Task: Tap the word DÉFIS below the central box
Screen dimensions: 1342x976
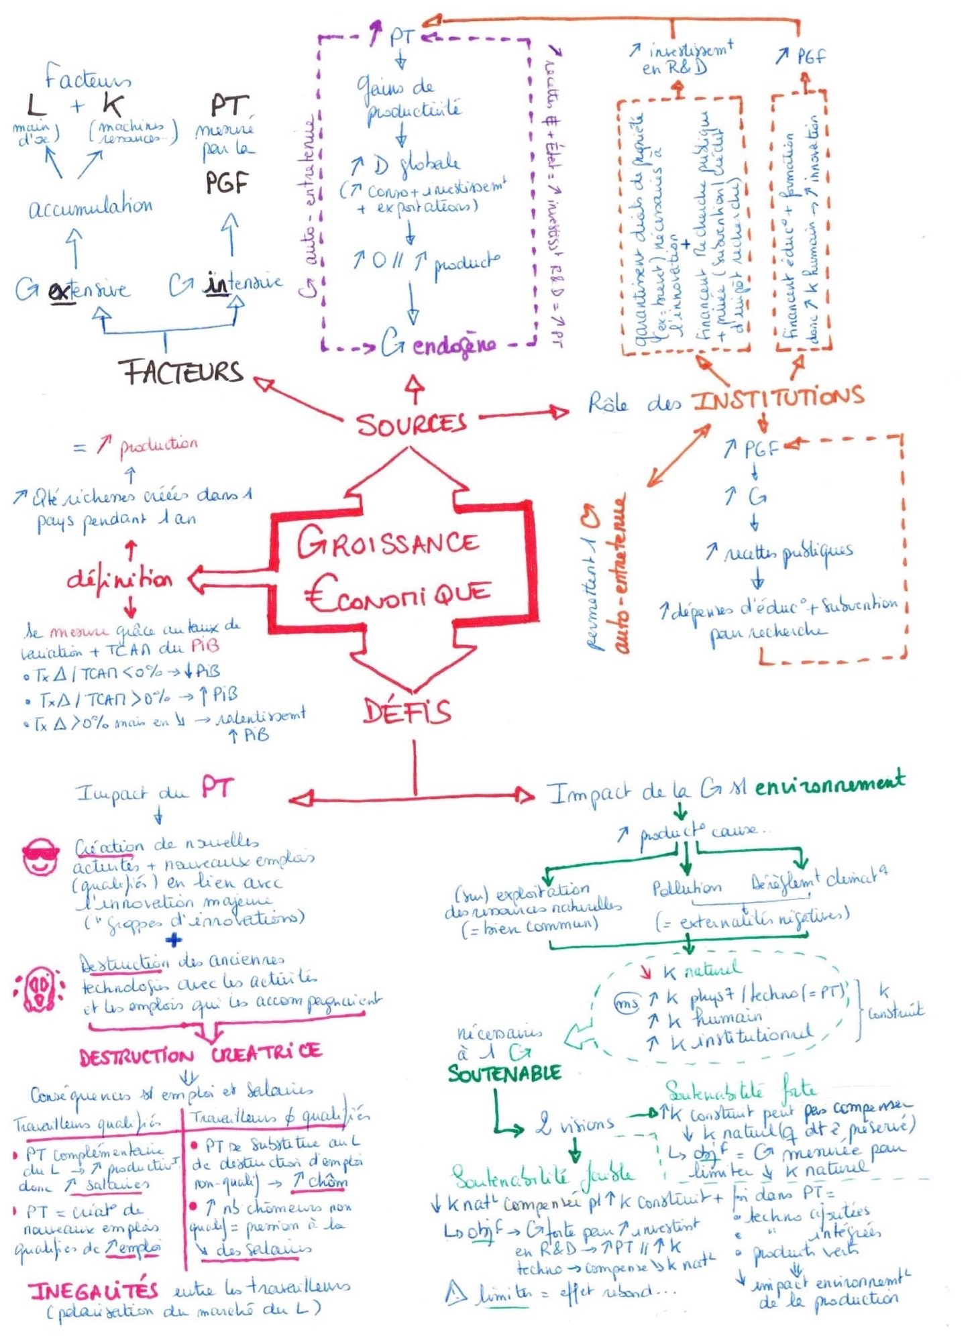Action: (x=406, y=711)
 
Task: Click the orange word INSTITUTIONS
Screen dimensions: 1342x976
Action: (x=778, y=398)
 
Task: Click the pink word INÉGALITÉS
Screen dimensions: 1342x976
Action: (x=93, y=1290)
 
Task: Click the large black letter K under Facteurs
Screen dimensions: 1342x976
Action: (x=112, y=105)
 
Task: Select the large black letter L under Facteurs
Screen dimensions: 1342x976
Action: (x=36, y=105)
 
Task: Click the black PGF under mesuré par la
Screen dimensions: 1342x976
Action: (x=227, y=182)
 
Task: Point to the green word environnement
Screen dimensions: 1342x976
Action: (x=829, y=783)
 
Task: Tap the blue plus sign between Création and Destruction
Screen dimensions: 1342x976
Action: (x=173, y=940)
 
